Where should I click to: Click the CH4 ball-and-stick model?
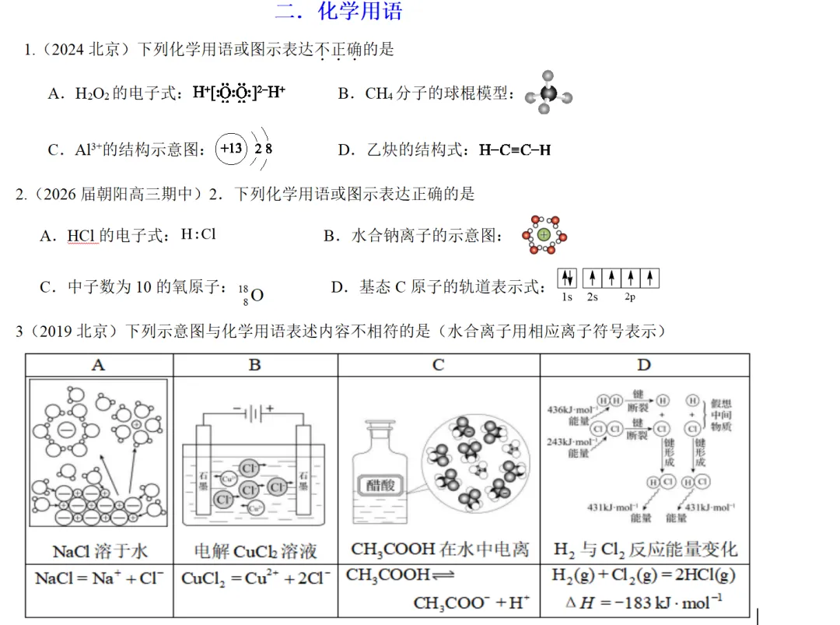[x=548, y=94]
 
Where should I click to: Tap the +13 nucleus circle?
[x=230, y=149]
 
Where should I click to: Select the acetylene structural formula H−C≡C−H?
[x=515, y=150]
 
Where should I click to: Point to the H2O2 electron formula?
[x=239, y=93]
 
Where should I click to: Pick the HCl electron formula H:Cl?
[x=198, y=233]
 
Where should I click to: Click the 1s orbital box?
[x=567, y=278]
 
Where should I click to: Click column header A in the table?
[x=99, y=365]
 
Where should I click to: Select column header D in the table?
[x=644, y=365]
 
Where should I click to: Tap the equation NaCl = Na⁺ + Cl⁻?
[x=99, y=578]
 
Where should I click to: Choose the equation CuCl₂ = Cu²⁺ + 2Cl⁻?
[x=255, y=578]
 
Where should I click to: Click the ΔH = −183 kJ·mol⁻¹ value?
[x=645, y=601]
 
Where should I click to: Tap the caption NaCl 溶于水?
[x=100, y=551]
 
